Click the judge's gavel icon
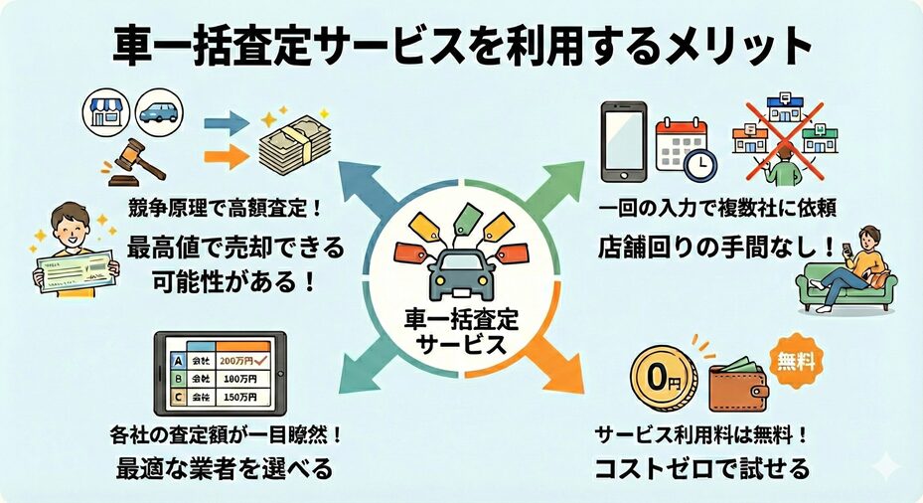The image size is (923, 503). (132, 159)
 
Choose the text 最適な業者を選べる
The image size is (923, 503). (221, 467)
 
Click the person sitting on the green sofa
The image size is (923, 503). (850, 263)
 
